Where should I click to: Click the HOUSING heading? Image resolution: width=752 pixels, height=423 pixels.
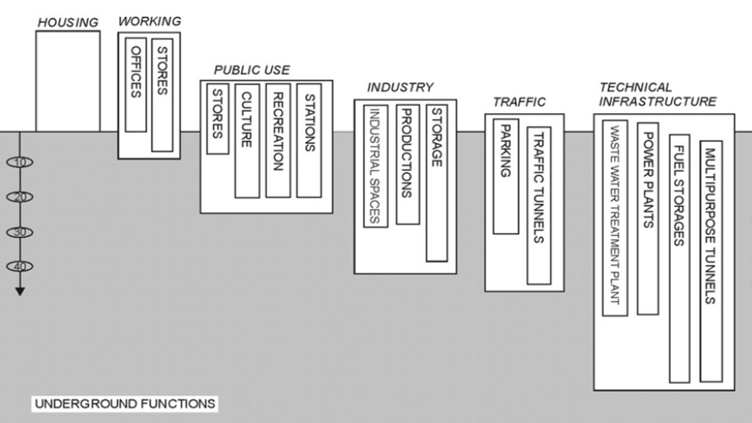[x=68, y=23]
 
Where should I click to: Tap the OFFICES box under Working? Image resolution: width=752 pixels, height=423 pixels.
[x=136, y=85]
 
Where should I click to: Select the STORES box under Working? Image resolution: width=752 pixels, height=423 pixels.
[x=162, y=95]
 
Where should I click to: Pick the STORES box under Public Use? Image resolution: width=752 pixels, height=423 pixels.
[x=218, y=118]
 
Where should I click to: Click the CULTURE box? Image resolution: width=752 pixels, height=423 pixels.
[x=247, y=141]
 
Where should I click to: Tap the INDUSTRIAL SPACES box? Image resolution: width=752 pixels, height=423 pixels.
[x=376, y=166]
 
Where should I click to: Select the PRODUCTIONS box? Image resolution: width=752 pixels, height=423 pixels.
[x=407, y=164]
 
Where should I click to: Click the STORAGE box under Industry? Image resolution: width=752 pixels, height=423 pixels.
[x=437, y=183]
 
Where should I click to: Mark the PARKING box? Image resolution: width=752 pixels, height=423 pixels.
[x=506, y=176]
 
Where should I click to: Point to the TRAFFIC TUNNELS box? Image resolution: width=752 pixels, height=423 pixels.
[x=539, y=205]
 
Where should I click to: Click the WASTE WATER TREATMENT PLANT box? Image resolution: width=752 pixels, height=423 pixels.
[x=615, y=218]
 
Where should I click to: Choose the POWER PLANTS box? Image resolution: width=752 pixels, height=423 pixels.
[x=648, y=219]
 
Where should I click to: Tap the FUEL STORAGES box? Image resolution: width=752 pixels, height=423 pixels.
[x=679, y=258]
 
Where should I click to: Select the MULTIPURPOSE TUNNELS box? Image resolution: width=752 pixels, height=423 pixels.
[x=711, y=261]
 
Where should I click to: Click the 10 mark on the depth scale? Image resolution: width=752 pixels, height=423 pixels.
[x=20, y=162]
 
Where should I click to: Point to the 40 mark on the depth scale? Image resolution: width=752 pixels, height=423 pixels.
[x=20, y=266]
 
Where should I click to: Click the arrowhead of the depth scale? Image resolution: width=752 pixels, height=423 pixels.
[x=20, y=291]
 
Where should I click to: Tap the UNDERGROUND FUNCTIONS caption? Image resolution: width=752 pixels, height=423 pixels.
[x=125, y=404]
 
